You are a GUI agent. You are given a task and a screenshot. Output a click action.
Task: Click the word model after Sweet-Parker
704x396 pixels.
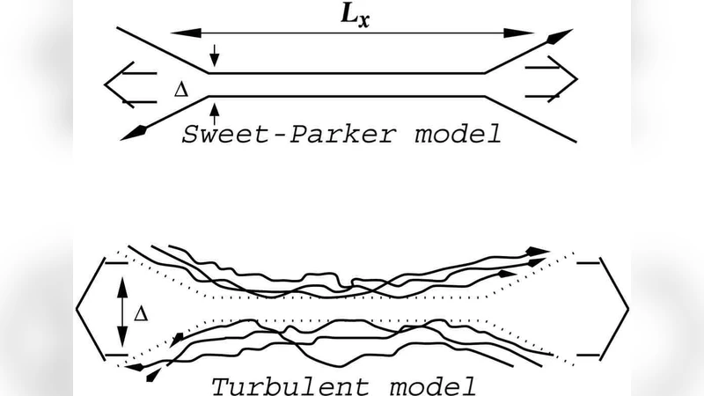coord(457,135)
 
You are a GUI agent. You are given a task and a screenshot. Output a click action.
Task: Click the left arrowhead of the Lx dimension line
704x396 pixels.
coord(180,33)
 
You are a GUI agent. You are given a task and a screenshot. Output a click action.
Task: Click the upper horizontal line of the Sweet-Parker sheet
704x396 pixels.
coord(343,73)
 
